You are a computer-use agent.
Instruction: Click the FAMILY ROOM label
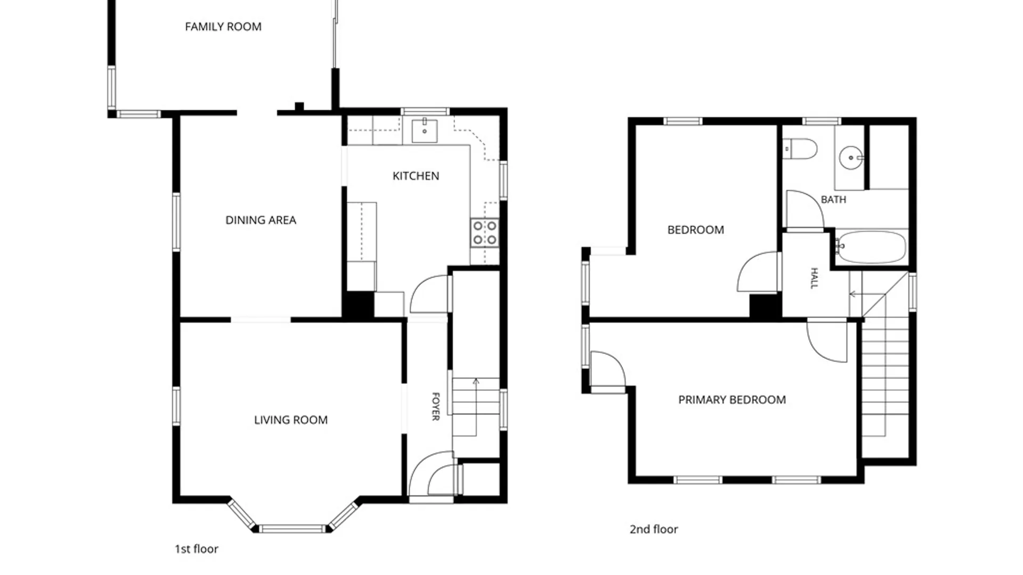pos(223,27)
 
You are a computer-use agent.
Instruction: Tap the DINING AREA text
pos(261,220)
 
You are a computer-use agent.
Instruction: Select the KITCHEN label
pos(416,176)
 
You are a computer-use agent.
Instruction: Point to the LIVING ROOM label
pos(291,420)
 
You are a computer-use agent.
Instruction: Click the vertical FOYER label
pos(436,406)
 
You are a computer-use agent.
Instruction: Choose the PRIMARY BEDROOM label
pos(732,399)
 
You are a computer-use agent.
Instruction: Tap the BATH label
pos(833,200)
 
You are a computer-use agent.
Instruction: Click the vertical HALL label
pos(814,278)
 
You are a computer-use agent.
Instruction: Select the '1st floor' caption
pos(197,549)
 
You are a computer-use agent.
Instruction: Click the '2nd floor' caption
pos(654,529)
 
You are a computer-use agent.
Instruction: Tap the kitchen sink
pos(425,130)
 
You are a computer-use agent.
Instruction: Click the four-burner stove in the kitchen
pos(485,233)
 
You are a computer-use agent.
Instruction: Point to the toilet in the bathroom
pos(800,149)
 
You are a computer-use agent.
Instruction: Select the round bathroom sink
pos(851,158)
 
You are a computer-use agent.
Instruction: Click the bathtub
pos(871,247)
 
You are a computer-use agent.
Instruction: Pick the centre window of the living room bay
pos(292,529)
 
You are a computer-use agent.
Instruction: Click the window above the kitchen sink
pos(425,111)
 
